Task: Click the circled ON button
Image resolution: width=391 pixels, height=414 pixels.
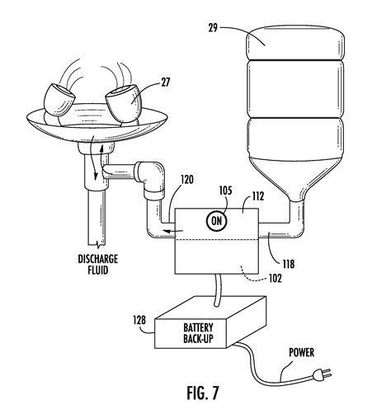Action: [217, 221]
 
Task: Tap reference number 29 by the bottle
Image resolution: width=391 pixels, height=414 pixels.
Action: [213, 28]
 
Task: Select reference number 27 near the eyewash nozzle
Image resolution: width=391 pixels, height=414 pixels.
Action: [166, 82]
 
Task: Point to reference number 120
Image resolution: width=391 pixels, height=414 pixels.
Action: [187, 180]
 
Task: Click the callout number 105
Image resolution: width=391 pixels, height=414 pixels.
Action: [225, 191]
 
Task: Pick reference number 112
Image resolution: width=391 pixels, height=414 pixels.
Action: [258, 196]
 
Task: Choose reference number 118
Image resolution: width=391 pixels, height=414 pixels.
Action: [289, 264]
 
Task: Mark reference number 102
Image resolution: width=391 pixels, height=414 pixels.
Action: [276, 279]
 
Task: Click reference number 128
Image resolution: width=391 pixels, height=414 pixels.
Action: [139, 320]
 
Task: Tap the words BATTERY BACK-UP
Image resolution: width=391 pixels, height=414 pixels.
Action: [198, 333]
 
